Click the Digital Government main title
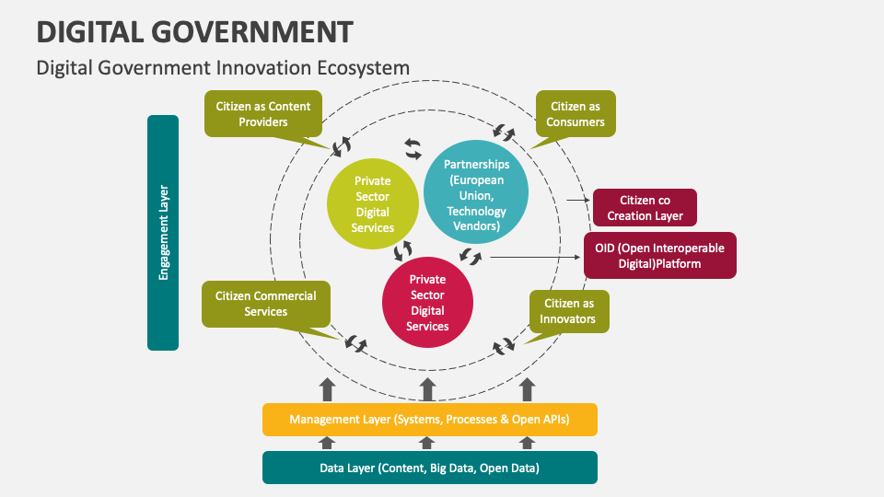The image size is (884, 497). (194, 31)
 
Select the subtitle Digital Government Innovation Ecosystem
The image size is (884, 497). (222, 68)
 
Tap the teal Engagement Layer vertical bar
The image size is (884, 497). (163, 232)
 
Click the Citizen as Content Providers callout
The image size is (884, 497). (263, 114)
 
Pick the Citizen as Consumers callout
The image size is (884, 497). (576, 114)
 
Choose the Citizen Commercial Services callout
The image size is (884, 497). (265, 304)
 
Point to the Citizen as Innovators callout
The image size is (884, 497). (569, 311)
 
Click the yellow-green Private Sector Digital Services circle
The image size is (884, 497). (372, 204)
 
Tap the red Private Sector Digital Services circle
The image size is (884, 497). (427, 302)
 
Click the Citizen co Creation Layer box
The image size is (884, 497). (645, 208)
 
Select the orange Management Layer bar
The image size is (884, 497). (429, 420)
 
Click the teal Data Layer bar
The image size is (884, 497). (429, 468)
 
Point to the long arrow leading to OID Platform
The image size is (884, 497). (534, 257)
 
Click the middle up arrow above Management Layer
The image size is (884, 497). (427, 387)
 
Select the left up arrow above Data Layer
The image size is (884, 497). (327, 443)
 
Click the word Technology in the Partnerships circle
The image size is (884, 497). (476, 212)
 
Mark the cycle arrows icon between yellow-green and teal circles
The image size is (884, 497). (413, 147)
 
